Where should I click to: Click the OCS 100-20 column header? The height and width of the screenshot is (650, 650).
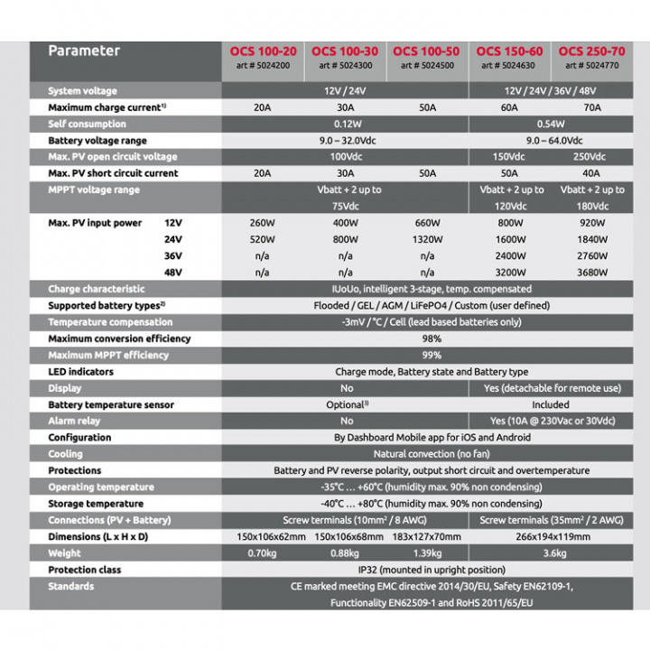click(x=262, y=51)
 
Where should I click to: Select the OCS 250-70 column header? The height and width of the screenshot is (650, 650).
click(x=591, y=51)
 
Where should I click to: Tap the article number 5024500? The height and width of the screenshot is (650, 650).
click(x=427, y=65)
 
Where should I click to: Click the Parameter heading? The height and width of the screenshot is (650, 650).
click(x=84, y=51)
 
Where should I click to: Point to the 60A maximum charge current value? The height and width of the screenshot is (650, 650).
click(x=509, y=107)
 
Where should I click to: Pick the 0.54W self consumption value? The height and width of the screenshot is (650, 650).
click(x=551, y=124)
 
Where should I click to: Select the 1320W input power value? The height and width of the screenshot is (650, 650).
click(x=427, y=239)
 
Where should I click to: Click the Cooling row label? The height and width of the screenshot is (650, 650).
click(x=65, y=454)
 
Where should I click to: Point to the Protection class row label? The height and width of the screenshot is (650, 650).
click(x=84, y=570)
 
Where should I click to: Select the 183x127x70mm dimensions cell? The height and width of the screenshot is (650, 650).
click(x=427, y=536)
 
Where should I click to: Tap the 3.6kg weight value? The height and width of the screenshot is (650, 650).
click(x=551, y=553)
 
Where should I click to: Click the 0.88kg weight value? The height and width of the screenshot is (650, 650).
click(x=345, y=553)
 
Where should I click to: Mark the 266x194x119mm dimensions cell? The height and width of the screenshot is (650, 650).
click(x=551, y=536)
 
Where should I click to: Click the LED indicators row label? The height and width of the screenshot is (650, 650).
click(x=81, y=372)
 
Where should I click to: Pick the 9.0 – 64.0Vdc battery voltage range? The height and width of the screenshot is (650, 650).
click(x=551, y=141)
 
